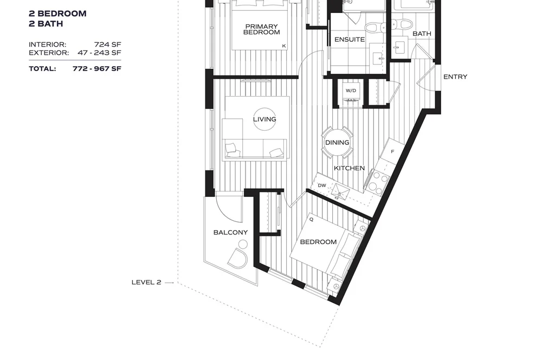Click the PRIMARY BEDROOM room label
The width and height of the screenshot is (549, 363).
click(x=262, y=29)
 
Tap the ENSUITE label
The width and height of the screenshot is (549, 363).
click(x=350, y=40)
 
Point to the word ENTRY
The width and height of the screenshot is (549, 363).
click(x=455, y=77)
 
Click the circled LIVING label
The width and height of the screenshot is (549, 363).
click(x=264, y=119)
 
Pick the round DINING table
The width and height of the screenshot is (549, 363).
click(x=337, y=143)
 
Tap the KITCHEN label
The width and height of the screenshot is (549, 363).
click(x=349, y=168)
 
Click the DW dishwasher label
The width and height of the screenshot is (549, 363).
click(x=322, y=186)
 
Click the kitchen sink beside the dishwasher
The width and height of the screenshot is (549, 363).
click(x=341, y=190)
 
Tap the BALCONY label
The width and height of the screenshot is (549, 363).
click(x=230, y=232)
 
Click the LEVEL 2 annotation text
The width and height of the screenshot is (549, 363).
click(x=146, y=282)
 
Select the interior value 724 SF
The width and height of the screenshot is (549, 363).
click(x=107, y=44)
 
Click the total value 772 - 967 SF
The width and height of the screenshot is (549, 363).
click(x=97, y=68)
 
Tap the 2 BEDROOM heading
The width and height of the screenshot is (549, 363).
click(x=58, y=14)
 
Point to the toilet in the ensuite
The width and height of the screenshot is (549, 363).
click(x=373, y=27)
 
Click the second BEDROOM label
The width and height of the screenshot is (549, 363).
click(x=318, y=242)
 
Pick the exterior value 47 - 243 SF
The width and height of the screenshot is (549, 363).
click(x=99, y=53)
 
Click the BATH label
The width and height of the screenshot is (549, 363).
click(x=422, y=34)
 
